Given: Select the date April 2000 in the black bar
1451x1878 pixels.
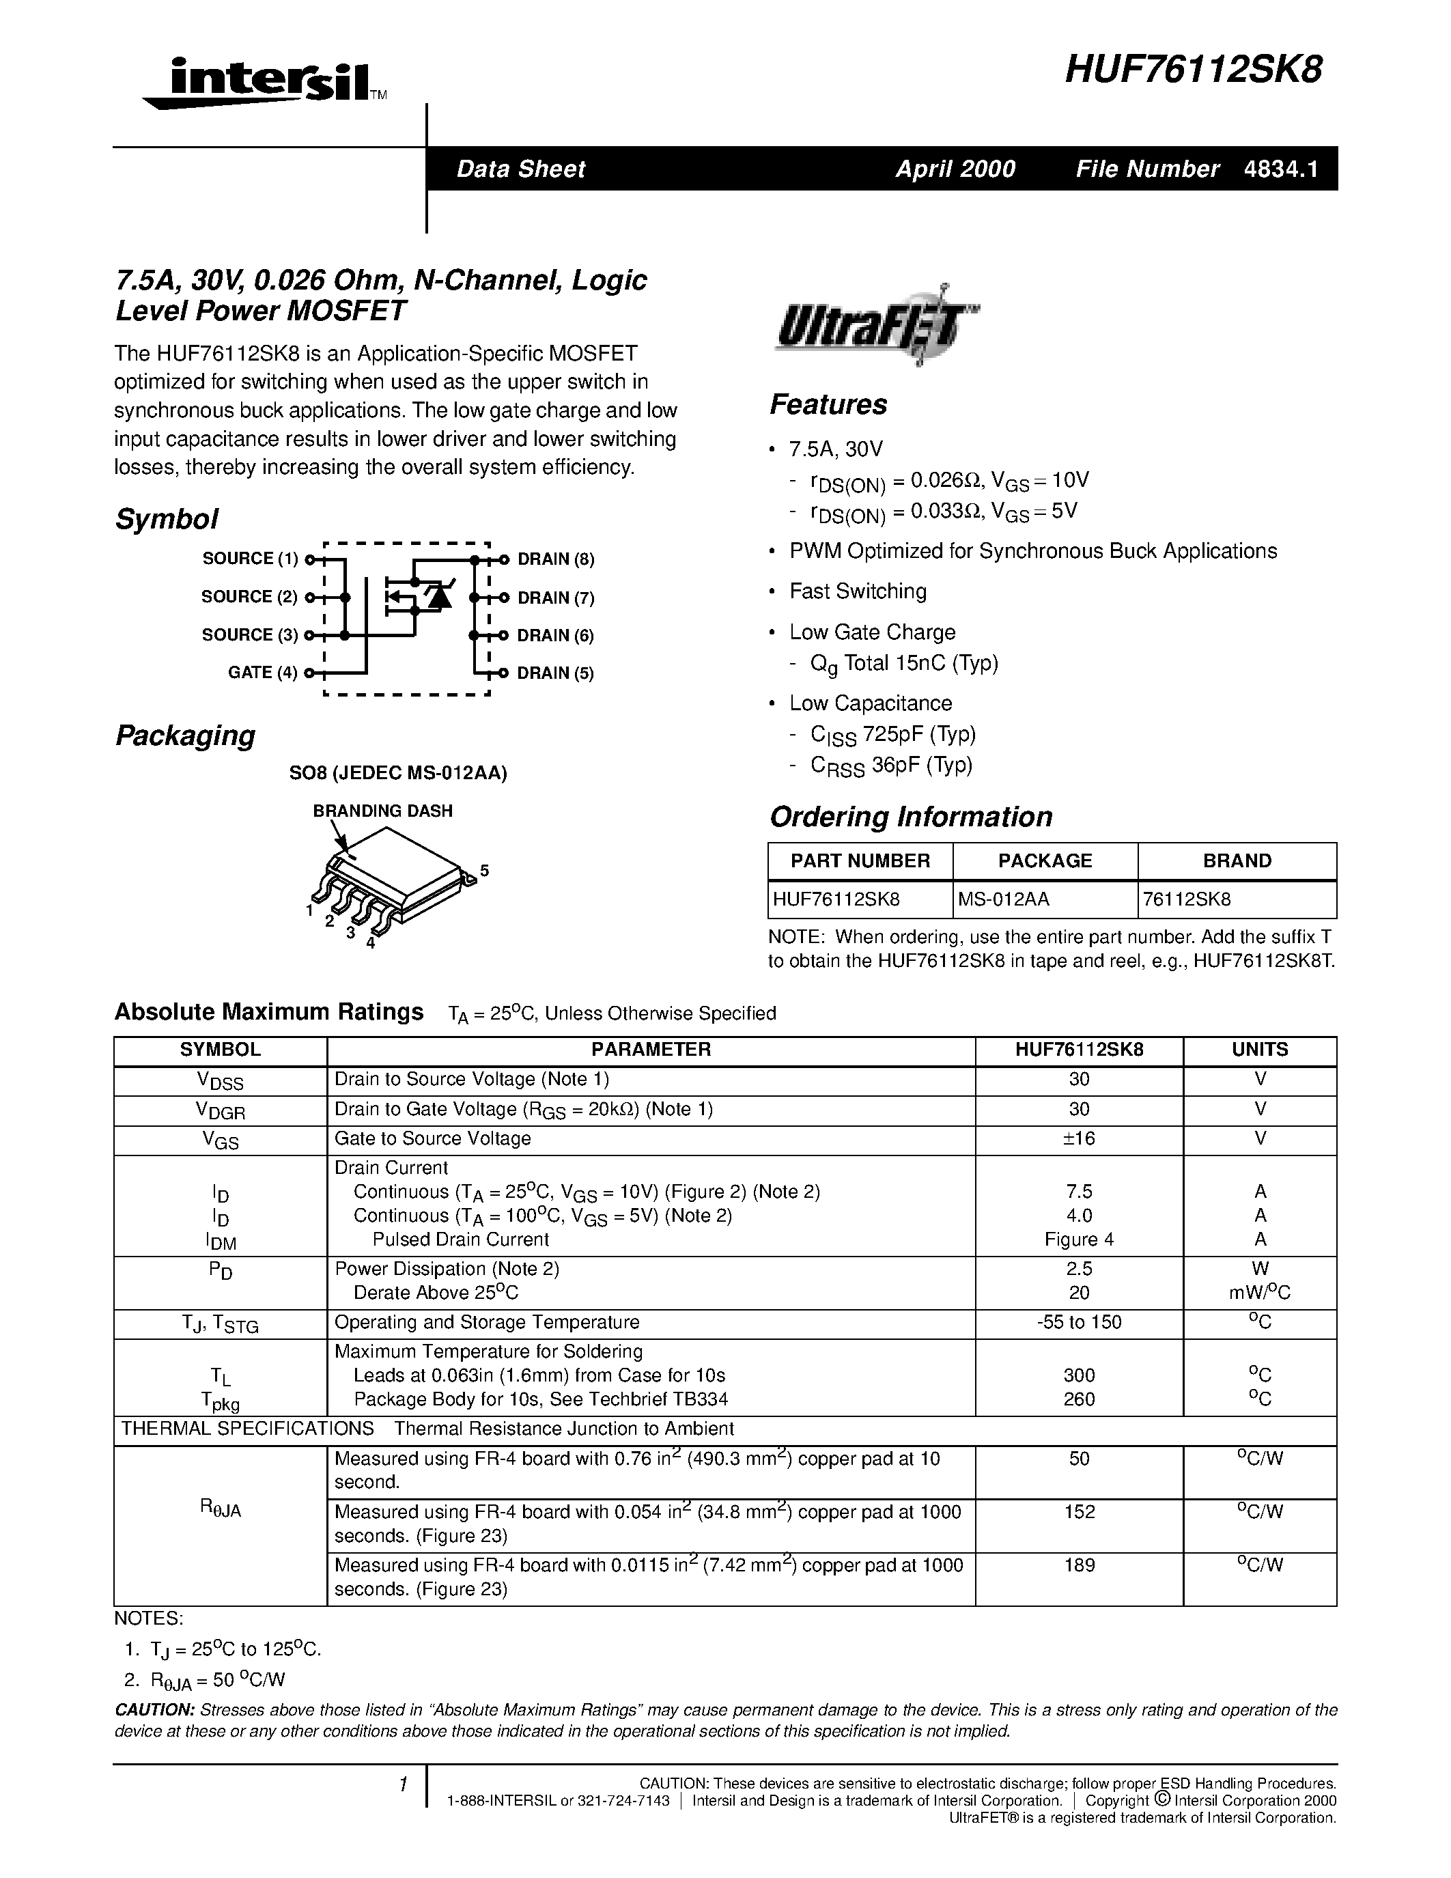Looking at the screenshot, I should tap(955, 169).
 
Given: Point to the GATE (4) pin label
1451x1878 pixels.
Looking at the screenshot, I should tap(262, 673).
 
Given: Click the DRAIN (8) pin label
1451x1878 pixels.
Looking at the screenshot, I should tap(555, 559).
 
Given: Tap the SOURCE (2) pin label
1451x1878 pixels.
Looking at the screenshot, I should tap(249, 597).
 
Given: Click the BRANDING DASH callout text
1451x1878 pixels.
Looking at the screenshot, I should tap(382, 811).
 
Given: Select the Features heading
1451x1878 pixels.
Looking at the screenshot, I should tap(828, 404).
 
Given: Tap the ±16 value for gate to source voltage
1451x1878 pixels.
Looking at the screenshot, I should tap(1079, 1138).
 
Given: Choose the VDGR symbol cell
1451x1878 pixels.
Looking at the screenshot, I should tap(220, 1110).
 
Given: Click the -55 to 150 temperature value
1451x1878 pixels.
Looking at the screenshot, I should tap(1079, 1321).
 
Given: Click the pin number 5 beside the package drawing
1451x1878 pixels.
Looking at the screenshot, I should tap(485, 870).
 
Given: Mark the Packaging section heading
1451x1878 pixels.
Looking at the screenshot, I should tap(186, 736).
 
